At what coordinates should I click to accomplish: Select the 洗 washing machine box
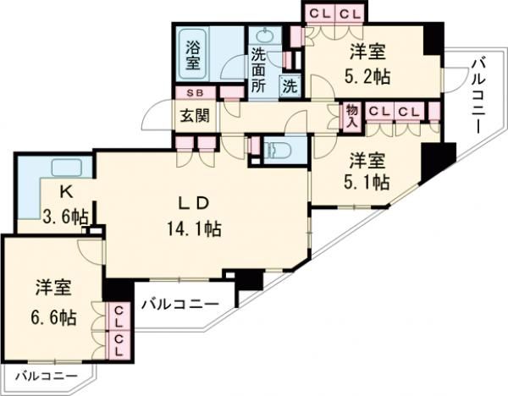tap(290, 85)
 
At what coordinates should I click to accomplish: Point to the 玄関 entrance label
tap(190, 115)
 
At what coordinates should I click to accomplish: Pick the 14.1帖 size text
tap(200, 228)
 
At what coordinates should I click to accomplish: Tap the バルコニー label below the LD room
tap(180, 303)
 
